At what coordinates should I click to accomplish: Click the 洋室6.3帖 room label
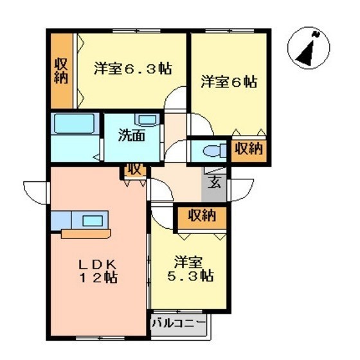pos(133,68)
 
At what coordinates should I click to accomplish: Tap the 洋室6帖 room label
pos(229,82)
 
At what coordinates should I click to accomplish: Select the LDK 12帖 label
pos(98,271)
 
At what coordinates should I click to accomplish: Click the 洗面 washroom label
pos(132,136)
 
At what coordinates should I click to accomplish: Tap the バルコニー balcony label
pos(179,323)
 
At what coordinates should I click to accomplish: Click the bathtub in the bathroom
pos(75,123)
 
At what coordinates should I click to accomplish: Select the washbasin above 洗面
pos(147,120)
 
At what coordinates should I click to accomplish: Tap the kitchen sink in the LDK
pos(93,221)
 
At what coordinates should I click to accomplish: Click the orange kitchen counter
pos(86,233)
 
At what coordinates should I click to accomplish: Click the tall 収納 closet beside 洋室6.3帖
pos(62,71)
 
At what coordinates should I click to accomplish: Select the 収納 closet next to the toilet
pos(249,150)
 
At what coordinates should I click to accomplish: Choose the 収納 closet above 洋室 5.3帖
pos(202,217)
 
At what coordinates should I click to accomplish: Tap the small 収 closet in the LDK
pos(135,171)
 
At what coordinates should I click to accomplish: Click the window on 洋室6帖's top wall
pos(230,31)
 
